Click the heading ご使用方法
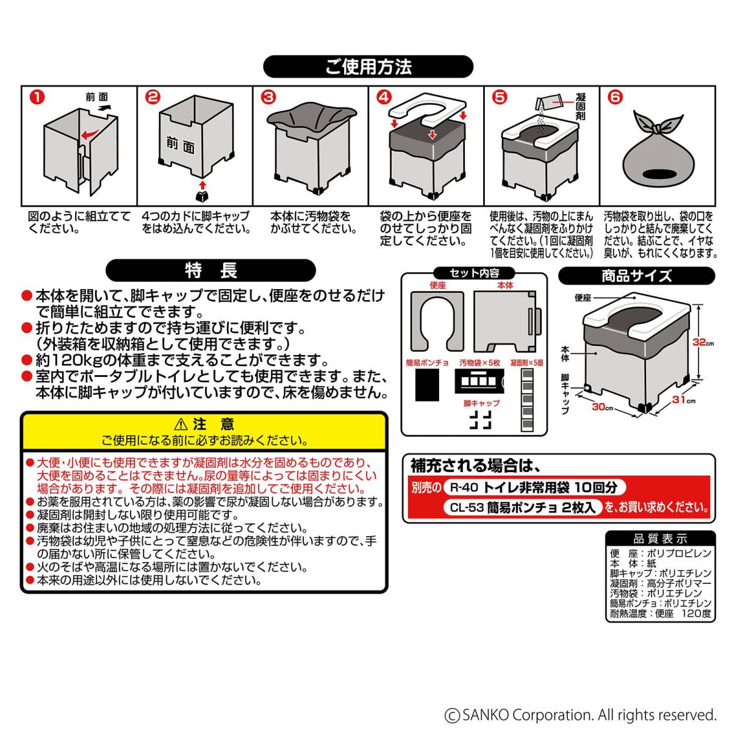click(368, 66)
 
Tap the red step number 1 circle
click(38, 97)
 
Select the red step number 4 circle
click(383, 97)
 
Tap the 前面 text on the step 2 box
click(181, 145)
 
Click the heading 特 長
click(211, 270)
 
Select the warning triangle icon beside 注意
click(181, 425)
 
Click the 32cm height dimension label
click(703, 343)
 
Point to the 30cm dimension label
click(602, 406)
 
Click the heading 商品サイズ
click(636, 276)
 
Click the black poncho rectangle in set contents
click(427, 385)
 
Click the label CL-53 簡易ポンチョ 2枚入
click(522, 507)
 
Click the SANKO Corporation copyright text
click(580, 715)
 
